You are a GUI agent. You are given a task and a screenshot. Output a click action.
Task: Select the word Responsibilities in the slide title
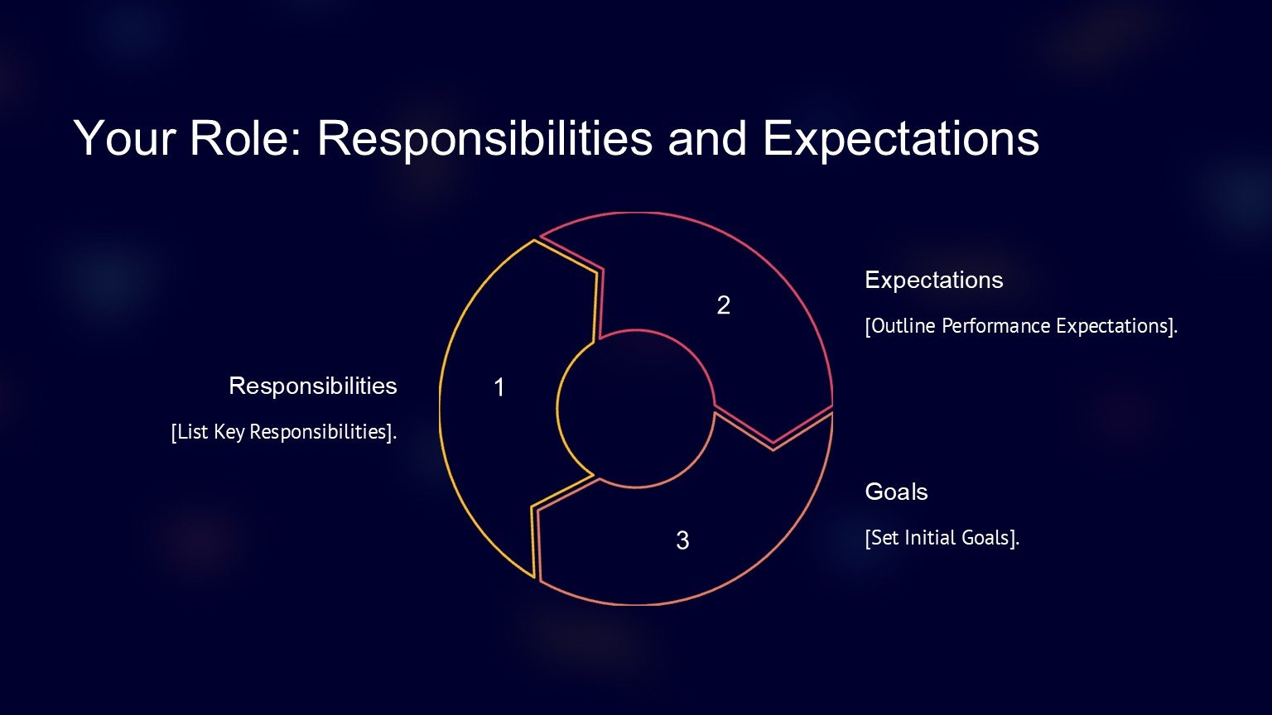coord(485,140)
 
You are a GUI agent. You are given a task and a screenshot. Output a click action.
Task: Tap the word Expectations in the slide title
coord(901,140)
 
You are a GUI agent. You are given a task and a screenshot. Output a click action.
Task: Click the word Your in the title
coord(124,138)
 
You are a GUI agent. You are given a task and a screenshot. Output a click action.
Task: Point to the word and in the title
coord(707,138)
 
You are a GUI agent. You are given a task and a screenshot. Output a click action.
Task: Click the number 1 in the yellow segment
coord(499,387)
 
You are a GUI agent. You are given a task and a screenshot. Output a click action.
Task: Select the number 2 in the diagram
coord(724,305)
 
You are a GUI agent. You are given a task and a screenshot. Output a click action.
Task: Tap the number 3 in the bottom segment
coord(682,540)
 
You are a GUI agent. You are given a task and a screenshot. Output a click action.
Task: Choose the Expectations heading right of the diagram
coord(934,281)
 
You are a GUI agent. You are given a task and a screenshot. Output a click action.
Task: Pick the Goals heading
coord(896,492)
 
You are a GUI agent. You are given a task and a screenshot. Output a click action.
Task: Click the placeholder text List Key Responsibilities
coord(284,432)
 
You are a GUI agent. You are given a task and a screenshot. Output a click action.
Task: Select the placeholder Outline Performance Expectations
coord(1021,326)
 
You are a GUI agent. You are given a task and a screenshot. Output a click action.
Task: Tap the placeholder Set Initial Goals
coord(942,538)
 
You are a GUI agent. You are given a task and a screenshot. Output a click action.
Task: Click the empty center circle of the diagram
coord(636,409)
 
